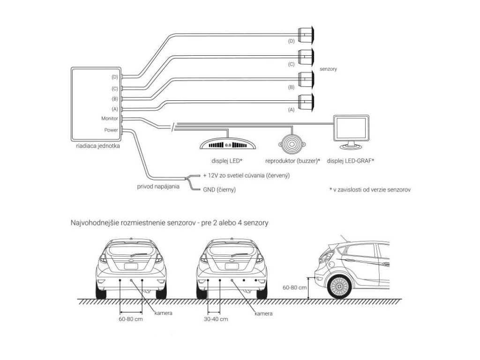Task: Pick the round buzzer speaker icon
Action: pos(292,142)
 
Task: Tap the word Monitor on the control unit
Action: pos(109,119)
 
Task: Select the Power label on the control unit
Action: pos(111,130)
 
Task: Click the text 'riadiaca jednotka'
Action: pos(97,146)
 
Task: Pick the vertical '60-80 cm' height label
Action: pos(295,288)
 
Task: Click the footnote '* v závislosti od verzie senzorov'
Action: pos(370,190)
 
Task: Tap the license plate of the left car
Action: pos(131,266)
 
